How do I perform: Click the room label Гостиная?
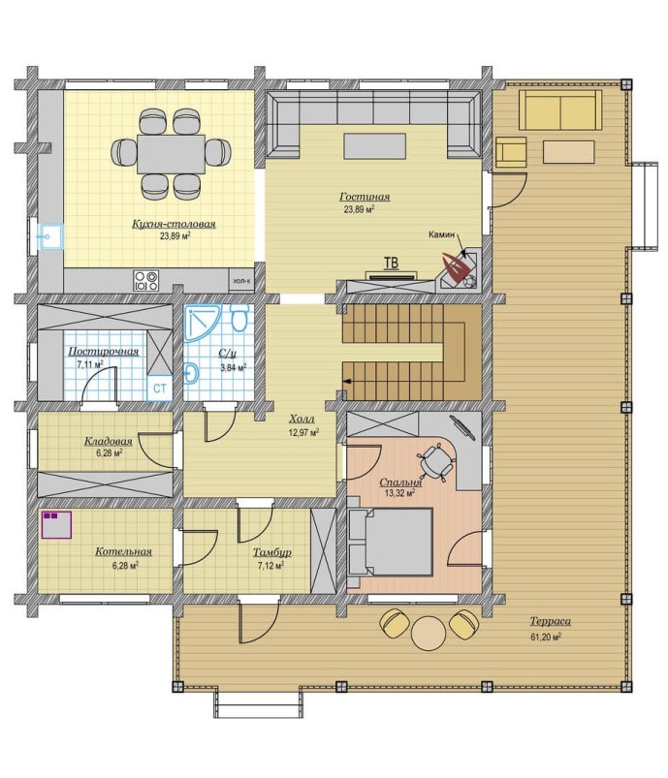point(365,197)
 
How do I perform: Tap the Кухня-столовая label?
point(174,224)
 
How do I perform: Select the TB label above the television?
point(391,263)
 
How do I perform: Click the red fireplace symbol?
point(457,268)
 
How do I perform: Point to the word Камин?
point(441,234)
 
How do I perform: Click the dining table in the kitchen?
point(171,154)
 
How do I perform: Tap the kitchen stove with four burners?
point(146,280)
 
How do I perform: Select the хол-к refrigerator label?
point(241,281)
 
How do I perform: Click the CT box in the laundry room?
point(159,388)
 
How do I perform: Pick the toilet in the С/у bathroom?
point(239,318)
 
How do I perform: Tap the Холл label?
point(302,420)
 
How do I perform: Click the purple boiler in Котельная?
point(56,525)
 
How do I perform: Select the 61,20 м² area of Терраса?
point(546,638)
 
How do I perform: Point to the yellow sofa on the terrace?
point(560,110)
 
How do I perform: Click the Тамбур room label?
point(272,552)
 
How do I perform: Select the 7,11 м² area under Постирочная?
point(90,364)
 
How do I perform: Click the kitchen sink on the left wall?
point(50,237)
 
